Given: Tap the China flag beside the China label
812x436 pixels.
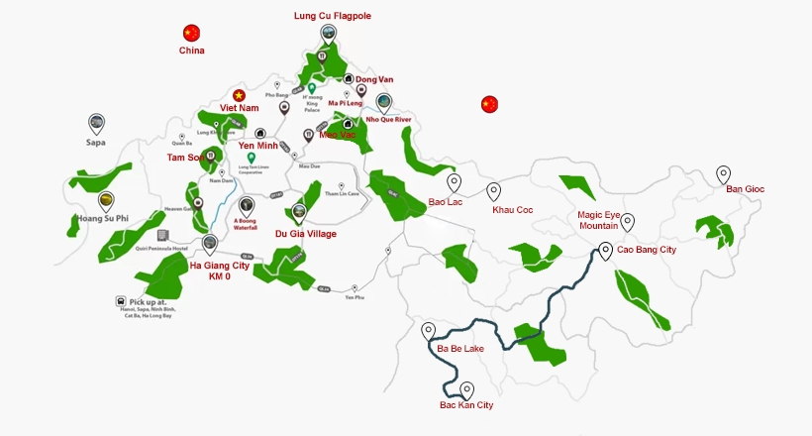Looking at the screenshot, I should (192, 33).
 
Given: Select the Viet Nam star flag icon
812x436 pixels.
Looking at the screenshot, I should (238, 92).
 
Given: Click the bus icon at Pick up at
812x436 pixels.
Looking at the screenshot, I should (121, 301).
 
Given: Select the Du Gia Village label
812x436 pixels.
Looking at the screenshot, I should (305, 234).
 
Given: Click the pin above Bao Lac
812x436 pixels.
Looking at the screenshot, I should (454, 183).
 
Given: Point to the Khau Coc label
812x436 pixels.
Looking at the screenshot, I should (513, 210).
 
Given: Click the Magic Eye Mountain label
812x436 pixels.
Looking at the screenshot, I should (605, 220).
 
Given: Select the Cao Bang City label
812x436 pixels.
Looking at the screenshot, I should (647, 250).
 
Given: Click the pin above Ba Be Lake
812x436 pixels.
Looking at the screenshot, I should (429, 331).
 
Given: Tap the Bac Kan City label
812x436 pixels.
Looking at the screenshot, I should (466, 405).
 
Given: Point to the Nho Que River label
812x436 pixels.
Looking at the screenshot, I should (388, 119).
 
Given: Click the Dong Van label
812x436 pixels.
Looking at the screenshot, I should (374, 79).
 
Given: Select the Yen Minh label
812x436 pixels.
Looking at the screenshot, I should (260, 146).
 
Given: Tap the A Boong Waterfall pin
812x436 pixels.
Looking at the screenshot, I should (247, 206).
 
